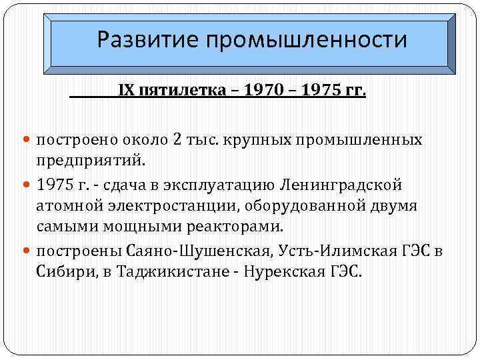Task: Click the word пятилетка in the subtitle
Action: pos(176,89)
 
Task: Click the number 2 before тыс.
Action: pos(177,140)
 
